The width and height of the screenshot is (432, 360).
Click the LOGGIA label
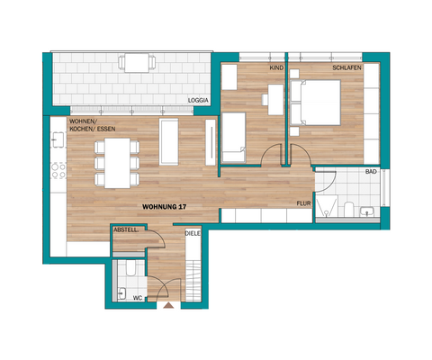(198, 100)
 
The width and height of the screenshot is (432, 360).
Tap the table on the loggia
(139, 63)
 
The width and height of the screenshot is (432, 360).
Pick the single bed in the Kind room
(234, 135)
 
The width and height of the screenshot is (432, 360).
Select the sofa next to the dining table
(168, 142)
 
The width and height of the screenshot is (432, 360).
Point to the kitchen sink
(59, 141)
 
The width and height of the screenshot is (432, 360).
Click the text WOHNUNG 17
(164, 207)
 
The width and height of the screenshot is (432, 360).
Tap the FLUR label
(304, 203)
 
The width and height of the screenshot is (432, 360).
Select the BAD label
(370, 170)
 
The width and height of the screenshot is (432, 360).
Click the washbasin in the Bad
(364, 213)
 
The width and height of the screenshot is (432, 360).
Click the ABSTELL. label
(125, 230)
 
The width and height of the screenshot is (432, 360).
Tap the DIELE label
(193, 233)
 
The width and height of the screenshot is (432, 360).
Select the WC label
(137, 296)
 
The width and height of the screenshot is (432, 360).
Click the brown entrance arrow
(167, 306)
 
